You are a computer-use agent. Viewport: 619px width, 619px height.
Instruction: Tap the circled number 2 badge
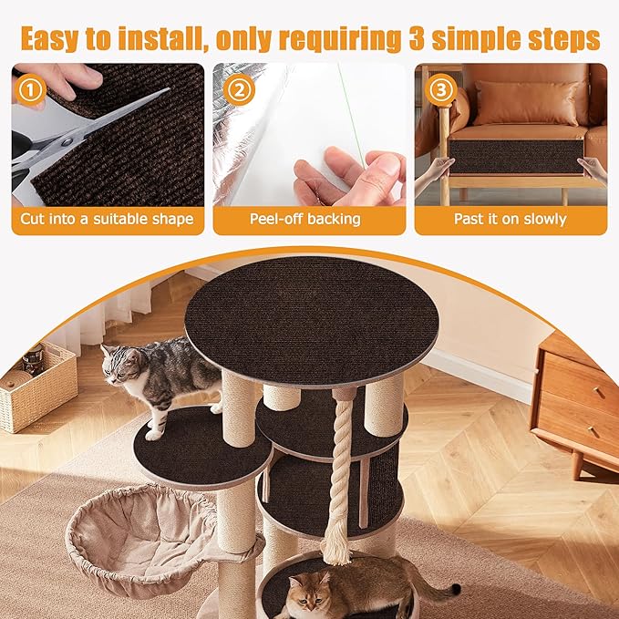(240, 89)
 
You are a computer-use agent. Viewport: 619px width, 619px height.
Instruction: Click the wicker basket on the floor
(36, 387)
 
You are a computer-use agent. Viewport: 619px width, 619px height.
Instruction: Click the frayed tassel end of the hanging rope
(337, 547)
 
